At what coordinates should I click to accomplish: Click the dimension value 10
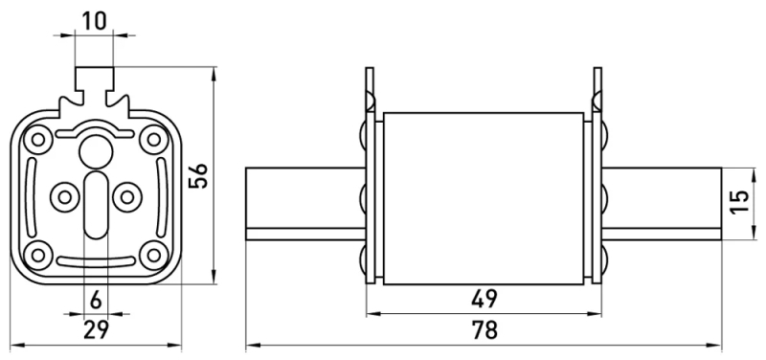(94, 21)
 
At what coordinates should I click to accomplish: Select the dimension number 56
(199, 176)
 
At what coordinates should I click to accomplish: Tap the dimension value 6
(97, 301)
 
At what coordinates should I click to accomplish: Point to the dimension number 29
(97, 329)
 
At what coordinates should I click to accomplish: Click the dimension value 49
(484, 299)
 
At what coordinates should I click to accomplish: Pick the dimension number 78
(484, 329)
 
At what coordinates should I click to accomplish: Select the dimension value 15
(740, 201)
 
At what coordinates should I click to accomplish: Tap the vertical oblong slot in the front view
(96, 205)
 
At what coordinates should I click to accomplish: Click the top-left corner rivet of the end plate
(37, 140)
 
